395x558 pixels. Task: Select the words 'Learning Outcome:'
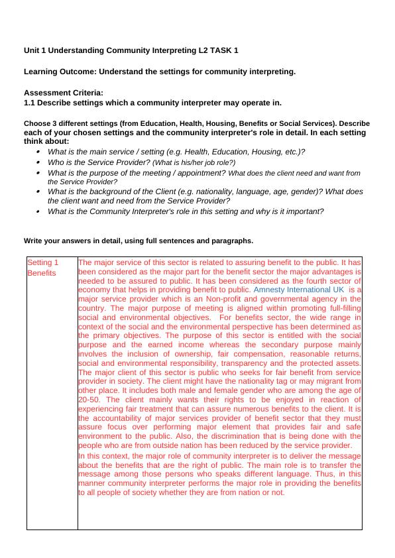55,72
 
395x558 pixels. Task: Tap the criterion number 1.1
30,103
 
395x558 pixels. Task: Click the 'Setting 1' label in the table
43,262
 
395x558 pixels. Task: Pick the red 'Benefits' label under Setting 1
42,273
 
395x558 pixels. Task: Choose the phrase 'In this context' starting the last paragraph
101,456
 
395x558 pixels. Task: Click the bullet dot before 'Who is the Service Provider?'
38,162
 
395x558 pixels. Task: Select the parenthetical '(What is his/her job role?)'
194,162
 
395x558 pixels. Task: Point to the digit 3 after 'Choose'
54,124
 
